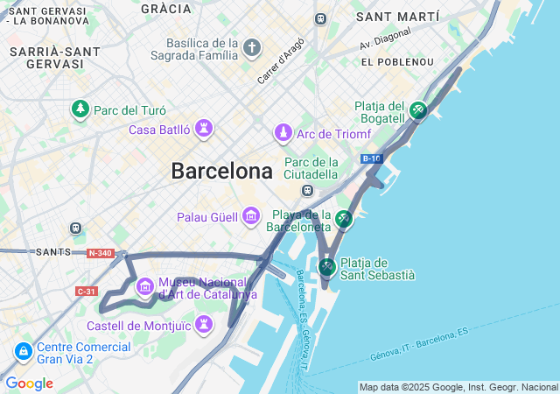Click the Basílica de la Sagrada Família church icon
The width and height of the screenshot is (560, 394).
point(252,46)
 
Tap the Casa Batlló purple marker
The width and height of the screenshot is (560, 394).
point(204,130)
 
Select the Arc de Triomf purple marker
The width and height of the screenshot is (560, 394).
point(283,133)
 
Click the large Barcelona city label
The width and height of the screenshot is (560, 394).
point(221,171)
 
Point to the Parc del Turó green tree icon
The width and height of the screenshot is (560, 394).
point(80,109)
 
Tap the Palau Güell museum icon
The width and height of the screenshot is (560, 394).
point(251,215)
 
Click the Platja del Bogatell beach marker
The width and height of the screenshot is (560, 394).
point(418,110)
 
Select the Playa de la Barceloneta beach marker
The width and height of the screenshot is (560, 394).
point(344,219)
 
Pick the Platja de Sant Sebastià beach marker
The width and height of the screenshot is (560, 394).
point(326,266)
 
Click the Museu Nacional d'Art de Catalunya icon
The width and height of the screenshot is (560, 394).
point(145,286)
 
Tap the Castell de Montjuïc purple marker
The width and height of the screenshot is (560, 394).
point(204,326)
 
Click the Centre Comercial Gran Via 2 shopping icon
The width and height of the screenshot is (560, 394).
point(23,351)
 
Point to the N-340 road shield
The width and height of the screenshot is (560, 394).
point(101,253)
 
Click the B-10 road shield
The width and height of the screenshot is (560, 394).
point(371,158)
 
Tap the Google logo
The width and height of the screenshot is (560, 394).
point(29,383)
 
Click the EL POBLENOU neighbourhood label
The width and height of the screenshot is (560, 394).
point(397,62)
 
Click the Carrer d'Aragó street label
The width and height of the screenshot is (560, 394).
point(281,60)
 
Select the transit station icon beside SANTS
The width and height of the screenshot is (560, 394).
point(75,229)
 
